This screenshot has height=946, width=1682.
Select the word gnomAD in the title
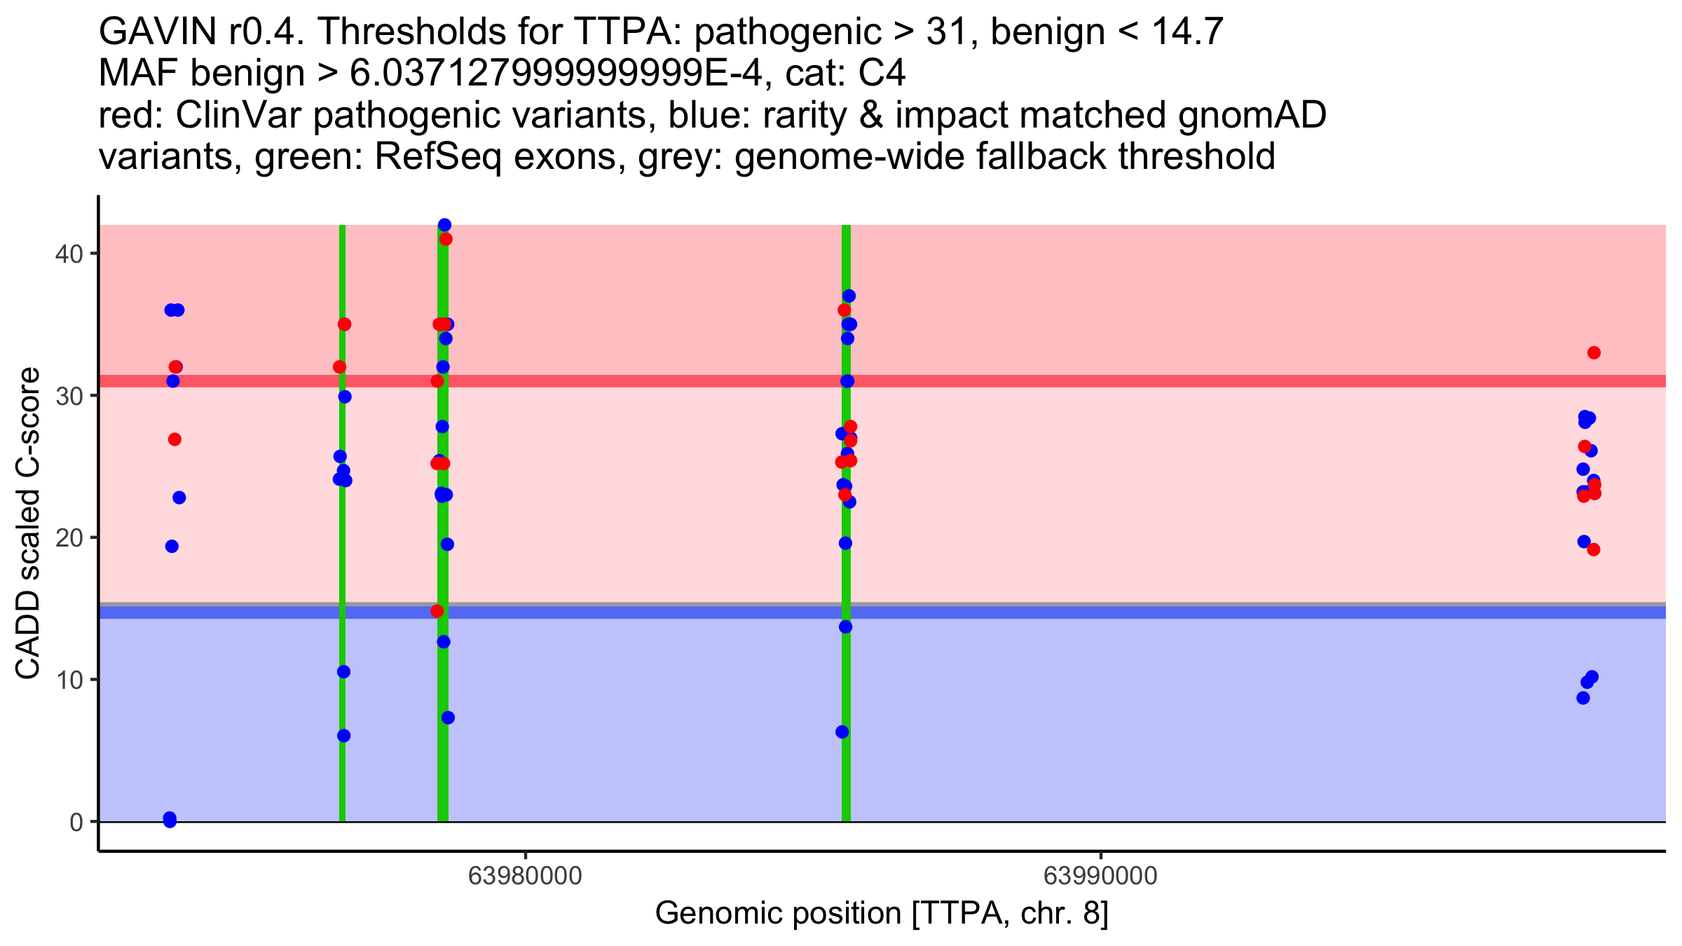tap(1252, 115)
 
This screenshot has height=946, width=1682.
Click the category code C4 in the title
tap(882, 73)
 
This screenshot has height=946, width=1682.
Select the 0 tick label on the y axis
tap(76, 822)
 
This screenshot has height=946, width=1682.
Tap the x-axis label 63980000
tap(525, 876)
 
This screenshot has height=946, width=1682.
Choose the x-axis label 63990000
tap(1100, 876)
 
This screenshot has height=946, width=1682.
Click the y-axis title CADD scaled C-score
tap(28, 524)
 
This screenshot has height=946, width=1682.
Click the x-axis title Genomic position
tap(778, 914)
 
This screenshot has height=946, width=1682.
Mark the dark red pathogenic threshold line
tap(882, 381)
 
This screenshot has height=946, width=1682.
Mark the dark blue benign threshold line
tap(882, 612)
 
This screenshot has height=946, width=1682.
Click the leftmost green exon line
tap(342, 523)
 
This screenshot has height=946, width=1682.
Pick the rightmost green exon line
tap(846, 523)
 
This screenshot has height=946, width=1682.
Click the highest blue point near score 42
tap(444, 225)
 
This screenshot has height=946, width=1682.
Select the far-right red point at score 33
tap(1594, 352)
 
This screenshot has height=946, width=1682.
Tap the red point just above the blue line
tap(437, 611)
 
